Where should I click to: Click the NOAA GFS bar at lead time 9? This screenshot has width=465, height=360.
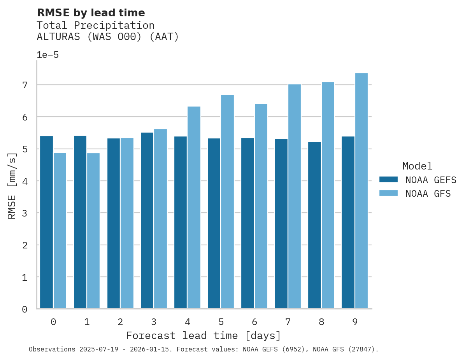361,191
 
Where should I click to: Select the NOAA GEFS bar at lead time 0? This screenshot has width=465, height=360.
46,222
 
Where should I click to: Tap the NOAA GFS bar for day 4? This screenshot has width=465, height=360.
194,208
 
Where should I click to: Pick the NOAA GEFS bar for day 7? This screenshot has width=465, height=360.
281,224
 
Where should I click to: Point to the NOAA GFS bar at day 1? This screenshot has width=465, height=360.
93,231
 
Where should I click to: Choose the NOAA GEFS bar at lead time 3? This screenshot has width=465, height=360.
147,220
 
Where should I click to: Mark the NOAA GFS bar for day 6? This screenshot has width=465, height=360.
261,206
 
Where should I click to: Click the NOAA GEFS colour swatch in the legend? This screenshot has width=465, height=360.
388,180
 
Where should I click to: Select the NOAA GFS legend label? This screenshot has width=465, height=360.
428,194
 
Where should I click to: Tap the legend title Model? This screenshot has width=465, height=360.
417,166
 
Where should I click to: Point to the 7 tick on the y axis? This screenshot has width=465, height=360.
25,85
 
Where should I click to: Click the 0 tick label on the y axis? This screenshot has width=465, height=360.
25,309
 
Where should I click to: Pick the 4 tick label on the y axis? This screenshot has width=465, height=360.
25,181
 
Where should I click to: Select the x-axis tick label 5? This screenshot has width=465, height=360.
221,322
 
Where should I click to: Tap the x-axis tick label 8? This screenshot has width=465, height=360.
321,322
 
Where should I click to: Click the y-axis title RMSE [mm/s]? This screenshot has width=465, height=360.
12,186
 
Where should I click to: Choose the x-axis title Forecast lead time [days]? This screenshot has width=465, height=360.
204,336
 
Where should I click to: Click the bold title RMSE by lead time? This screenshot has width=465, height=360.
91,13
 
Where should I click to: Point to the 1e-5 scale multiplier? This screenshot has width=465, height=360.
47,55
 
